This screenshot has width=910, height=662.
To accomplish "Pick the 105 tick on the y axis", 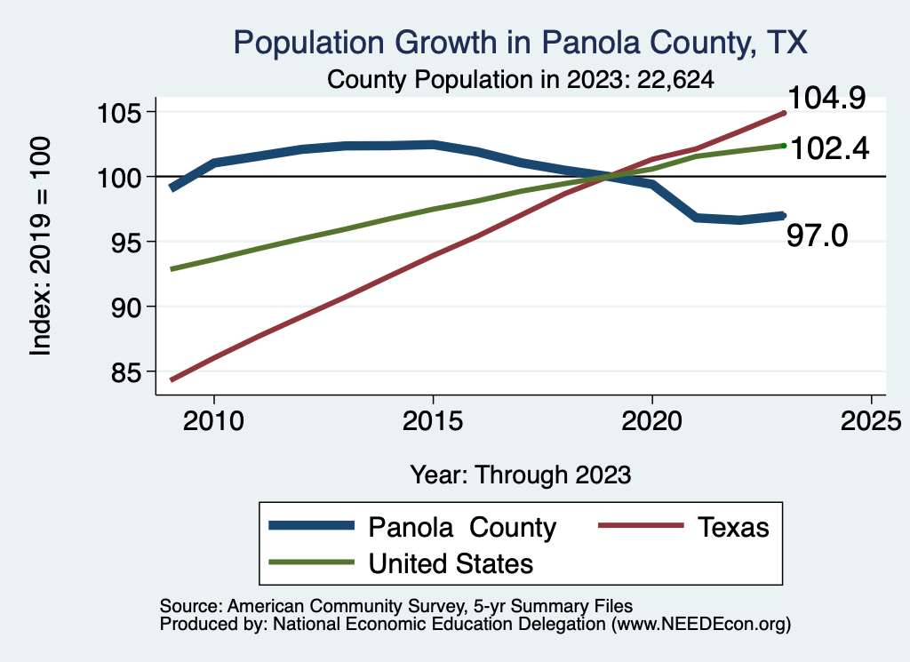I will point(120,113).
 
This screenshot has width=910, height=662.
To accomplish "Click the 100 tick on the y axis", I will point(120,177).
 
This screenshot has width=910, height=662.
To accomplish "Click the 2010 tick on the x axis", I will point(213,420).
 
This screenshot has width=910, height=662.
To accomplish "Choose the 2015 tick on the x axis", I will point(433,420).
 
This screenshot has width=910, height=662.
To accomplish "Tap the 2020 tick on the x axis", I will point(652,420).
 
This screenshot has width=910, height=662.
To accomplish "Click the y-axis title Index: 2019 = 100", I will point(42,246).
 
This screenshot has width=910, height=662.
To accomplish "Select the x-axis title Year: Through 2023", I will point(521,475).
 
